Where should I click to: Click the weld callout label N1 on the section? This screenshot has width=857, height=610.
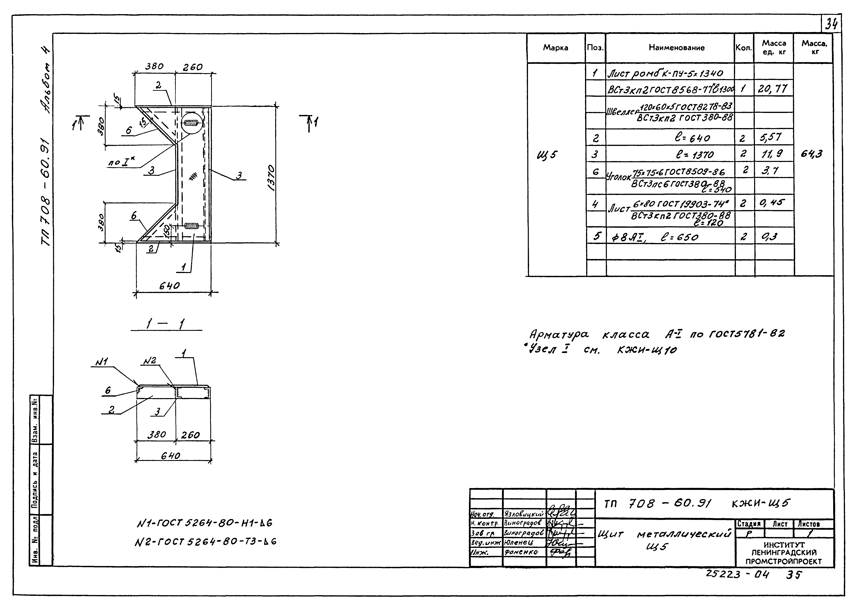point(102,362)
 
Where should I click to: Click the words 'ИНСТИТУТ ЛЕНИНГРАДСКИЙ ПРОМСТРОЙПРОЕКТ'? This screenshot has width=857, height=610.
point(784,553)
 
